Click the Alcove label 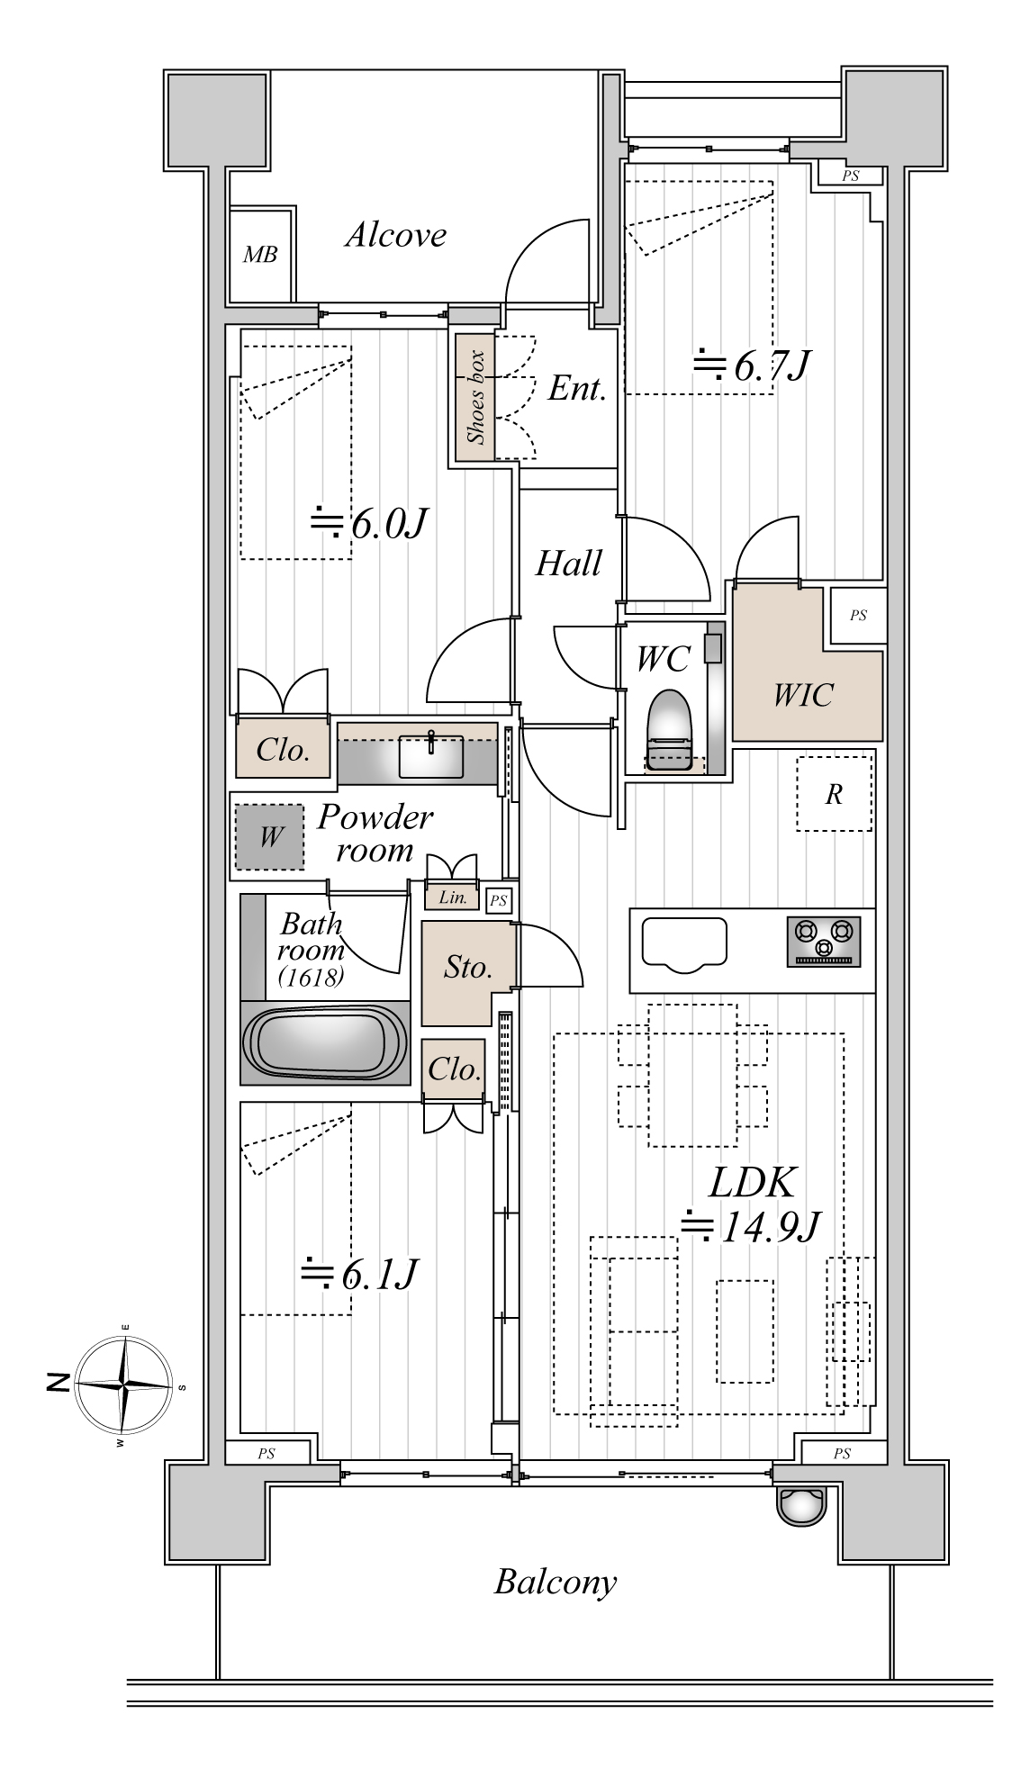pyautogui.click(x=395, y=236)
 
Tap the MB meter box pyautogui.click(x=260, y=255)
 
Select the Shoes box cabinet pyautogui.click(x=474, y=397)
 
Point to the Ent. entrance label pyautogui.click(x=576, y=389)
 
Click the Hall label pyautogui.click(x=568, y=564)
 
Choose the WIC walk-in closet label pyautogui.click(x=803, y=695)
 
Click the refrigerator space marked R pyautogui.click(x=834, y=793)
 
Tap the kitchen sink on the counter pyautogui.click(x=684, y=944)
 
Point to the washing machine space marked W pyautogui.click(x=270, y=837)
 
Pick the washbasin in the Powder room pyautogui.click(x=431, y=755)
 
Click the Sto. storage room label pyautogui.click(x=468, y=968)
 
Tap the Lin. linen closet pyautogui.click(x=453, y=898)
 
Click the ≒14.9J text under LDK pyautogui.click(x=750, y=1226)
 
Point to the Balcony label pyautogui.click(x=556, y=1582)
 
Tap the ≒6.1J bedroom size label pyautogui.click(x=358, y=1274)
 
